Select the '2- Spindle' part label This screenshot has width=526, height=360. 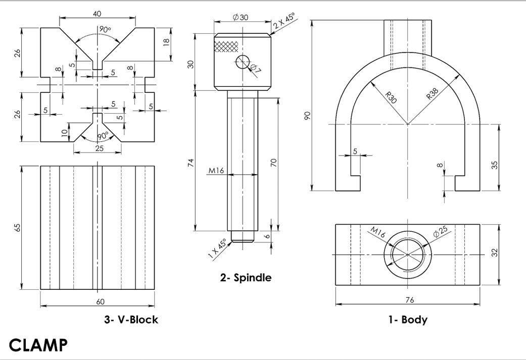click(x=246, y=277)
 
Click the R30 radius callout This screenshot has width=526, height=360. click(x=391, y=97)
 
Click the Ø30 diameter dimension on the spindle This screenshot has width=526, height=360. click(x=241, y=17)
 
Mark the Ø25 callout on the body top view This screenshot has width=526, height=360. click(x=441, y=233)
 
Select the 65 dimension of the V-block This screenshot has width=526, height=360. click(x=18, y=228)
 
